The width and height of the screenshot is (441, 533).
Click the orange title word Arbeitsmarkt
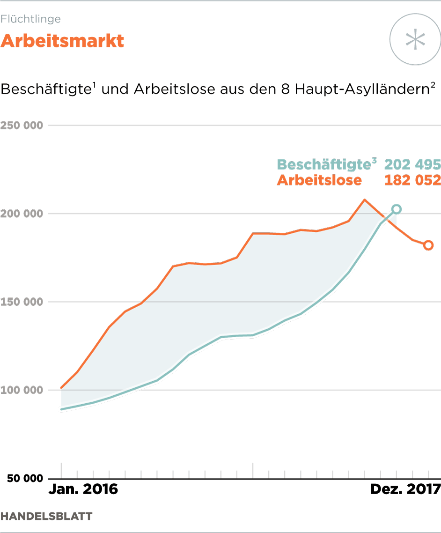pyautogui.click(x=62, y=41)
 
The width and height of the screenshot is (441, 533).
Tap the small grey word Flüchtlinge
pyautogui.click(x=31, y=19)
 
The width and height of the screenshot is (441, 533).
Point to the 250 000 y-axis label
pyautogui.click(x=22, y=126)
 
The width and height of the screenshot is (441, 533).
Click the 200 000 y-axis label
pyautogui.click(x=22, y=214)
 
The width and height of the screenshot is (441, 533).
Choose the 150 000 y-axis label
pyautogui.click(x=22, y=302)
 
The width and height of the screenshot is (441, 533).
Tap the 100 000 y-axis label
pyautogui.click(x=22, y=390)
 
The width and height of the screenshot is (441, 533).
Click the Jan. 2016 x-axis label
pyautogui.click(x=83, y=489)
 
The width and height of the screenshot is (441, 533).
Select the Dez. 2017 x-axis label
pyautogui.click(x=405, y=489)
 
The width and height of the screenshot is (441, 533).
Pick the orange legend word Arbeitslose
pyautogui.click(x=319, y=180)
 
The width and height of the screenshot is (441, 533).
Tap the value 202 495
pyautogui.click(x=412, y=165)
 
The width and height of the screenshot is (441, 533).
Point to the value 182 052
pyautogui.click(x=412, y=180)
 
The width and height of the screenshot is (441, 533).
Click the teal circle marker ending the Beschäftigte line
pyautogui.click(x=397, y=209)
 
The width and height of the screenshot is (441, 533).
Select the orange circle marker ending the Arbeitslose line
pyautogui.click(x=428, y=245)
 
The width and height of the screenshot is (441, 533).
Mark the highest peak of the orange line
pyautogui.click(x=365, y=200)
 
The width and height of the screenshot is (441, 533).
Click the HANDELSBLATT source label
pyautogui.click(x=46, y=516)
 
